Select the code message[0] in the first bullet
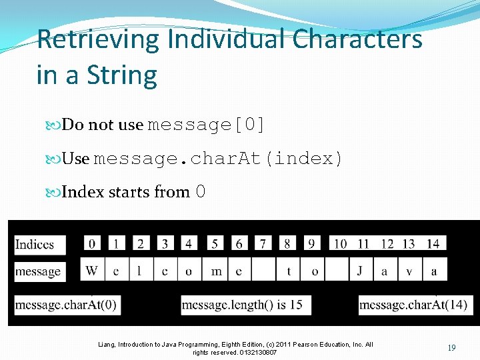[x=206, y=125]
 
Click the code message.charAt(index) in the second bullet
[x=218, y=159]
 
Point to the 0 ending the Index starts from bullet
[x=200, y=192]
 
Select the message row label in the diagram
[x=38, y=271]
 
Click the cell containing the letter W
[x=92, y=271]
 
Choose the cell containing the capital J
[x=360, y=271]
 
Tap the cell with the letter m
[x=216, y=271]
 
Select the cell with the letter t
[x=289, y=271]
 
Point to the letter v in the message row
[x=409, y=271]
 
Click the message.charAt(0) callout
[x=66, y=305]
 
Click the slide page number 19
[x=451, y=348]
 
